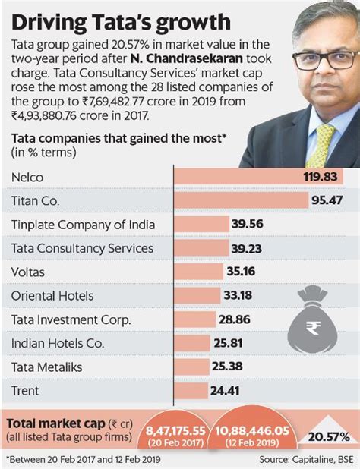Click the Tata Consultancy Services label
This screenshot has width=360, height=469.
pos(83,248)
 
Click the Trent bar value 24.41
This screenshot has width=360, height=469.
pos(226,390)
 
